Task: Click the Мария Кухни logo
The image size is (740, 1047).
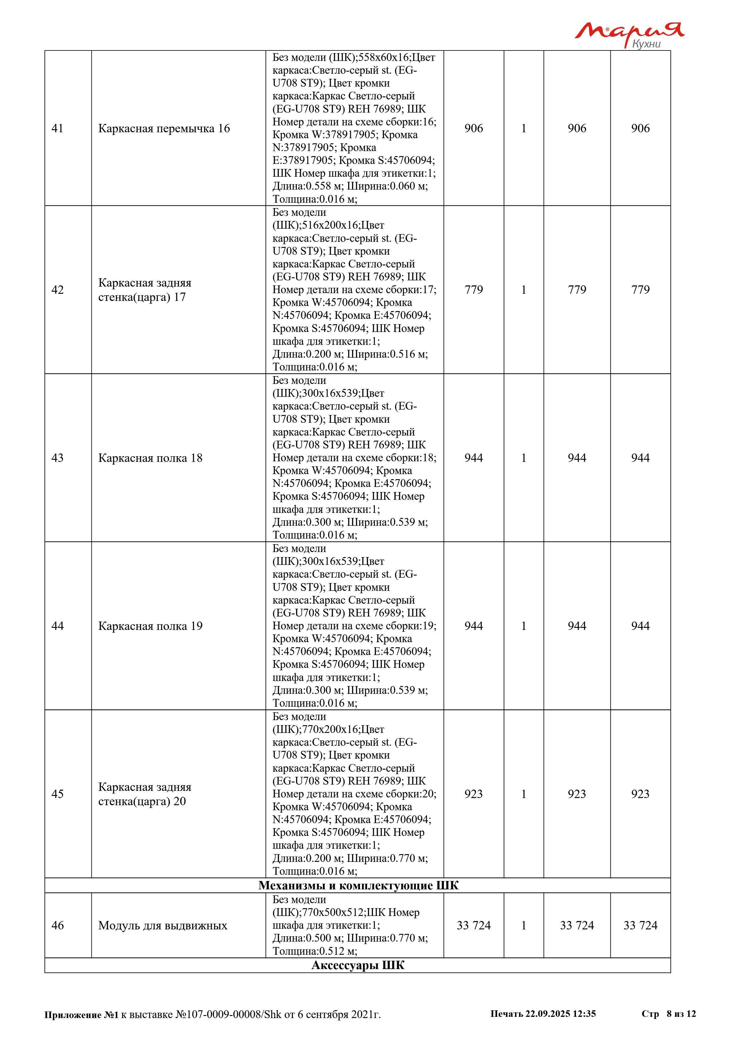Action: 629,35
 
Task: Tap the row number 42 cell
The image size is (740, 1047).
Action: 57,290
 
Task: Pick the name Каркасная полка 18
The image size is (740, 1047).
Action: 150,458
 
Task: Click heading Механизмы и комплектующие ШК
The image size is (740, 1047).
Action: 358,885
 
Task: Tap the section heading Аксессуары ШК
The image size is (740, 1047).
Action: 358,965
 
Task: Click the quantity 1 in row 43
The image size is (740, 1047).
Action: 524,458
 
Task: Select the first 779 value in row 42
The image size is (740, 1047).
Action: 474,290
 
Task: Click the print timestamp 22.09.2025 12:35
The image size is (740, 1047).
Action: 560,1014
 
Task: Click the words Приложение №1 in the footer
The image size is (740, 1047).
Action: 81,1015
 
